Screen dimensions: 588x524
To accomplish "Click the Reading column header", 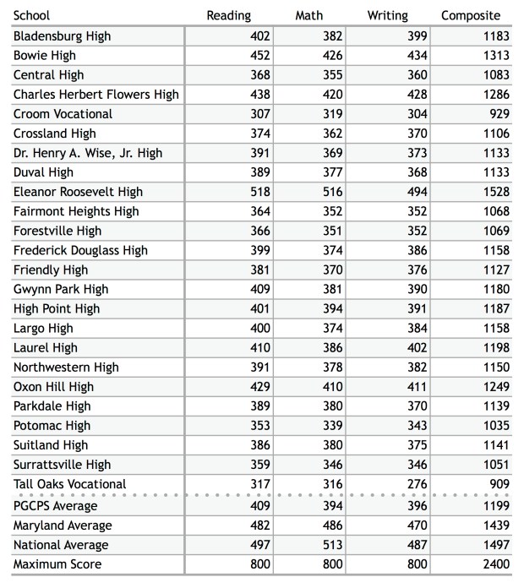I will tap(229, 15).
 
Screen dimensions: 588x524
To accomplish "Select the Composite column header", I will tap(471, 15).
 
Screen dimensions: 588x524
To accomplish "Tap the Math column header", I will tap(308, 15).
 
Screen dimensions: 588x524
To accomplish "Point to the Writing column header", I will tap(388, 15).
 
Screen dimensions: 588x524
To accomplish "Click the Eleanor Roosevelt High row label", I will tap(79, 192).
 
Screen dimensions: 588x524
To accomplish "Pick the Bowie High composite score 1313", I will tap(495, 56).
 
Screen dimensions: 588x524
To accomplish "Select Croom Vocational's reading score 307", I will tap(259, 114).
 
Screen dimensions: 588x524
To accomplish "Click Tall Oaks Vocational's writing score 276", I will tap(418, 484).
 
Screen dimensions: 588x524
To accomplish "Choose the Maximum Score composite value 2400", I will tap(495, 564).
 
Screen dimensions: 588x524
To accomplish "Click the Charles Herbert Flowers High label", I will tap(96, 95).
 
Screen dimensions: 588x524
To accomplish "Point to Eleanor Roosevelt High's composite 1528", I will tap(495, 192).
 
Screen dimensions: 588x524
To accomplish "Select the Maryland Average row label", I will tap(63, 525).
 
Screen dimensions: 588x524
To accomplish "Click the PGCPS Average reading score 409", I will tap(259, 506).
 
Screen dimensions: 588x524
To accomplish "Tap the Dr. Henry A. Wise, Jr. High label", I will tap(88, 153).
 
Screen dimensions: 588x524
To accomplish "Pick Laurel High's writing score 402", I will tap(418, 347).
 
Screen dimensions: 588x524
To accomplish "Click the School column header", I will tap(32, 15).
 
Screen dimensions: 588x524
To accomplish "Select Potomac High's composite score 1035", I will tap(495, 426).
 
